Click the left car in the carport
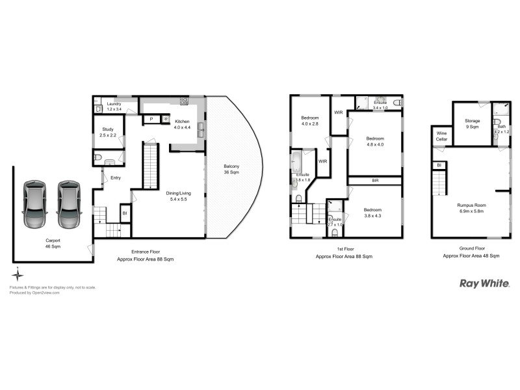pyautogui.click(x=33, y=203)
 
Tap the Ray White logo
pyautogui.click(x=484, y=283)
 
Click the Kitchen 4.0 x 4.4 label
pyautogui.click(x=181, y=124)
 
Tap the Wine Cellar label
pyautogui.click(x=441, y=136)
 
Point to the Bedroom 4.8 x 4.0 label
pyautogui.click(x=374, y=141)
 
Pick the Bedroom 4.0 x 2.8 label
pyautogui.click(x=309, y=121)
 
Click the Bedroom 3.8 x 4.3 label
pyautogui.click(x=372, y=213)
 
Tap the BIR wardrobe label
pyautogui.click(x=375, y=180)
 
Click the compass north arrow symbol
pyautogui.click(x=18, y=274)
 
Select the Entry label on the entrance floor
pyautogui.click(x=116, y=177)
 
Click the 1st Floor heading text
pyautogui.click(x=344, y=249)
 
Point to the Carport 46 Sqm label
pyautogui.click(x=53, y=243)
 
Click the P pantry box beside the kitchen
pyautogui.click(x=151, y=119)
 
